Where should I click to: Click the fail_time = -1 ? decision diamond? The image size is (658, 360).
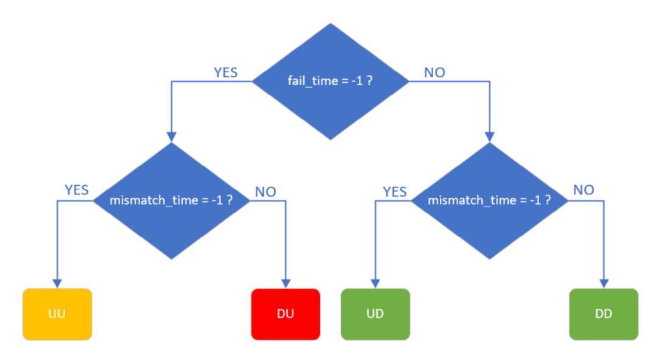(331, 81)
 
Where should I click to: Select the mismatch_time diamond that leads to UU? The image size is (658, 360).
(171, 200)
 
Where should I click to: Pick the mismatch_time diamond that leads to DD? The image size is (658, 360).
(490, 200)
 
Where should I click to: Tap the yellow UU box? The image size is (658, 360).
(57, 314)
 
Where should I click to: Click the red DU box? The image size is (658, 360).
(285, 314)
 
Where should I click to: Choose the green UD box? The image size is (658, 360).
(375, 314)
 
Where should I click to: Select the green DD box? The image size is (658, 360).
(604, 314)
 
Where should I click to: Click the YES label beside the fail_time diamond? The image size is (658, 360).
(225, 72)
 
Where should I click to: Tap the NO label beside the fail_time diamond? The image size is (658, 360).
(434, 72)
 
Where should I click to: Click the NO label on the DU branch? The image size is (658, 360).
(265, 192)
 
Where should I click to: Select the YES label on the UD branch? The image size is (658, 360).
(394, 192)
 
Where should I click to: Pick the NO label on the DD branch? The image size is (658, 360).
(584, 190)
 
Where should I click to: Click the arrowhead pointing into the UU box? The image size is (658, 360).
(57, 283)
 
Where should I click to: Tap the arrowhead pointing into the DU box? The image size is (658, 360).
(285, 283)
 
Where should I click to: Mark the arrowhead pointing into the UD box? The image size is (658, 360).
(375, 283)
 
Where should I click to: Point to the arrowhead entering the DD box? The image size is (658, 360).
(604, 283)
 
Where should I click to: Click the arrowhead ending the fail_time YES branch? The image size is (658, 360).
(171, 136)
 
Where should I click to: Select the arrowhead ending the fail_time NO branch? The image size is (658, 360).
(490, 138)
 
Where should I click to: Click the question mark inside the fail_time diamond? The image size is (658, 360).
(369, 81)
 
